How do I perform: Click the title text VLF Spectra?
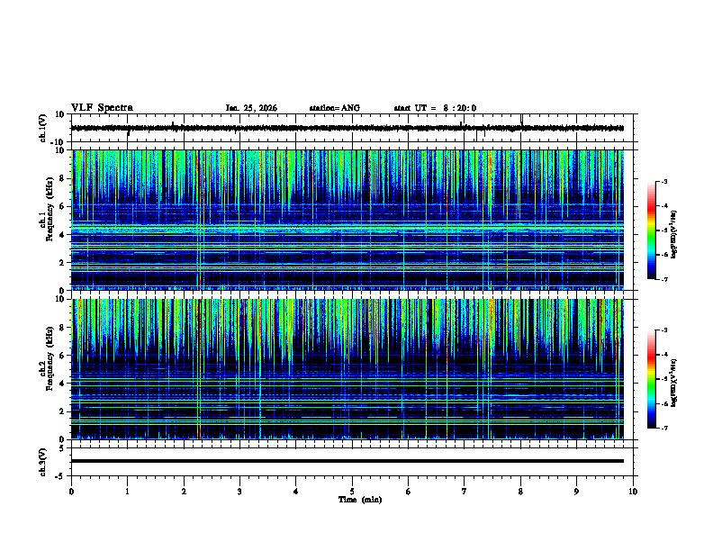click(102, 107)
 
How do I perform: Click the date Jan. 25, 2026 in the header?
click(251, 108)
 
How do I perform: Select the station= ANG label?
click(334, 108)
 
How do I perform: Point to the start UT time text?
click(435, 108)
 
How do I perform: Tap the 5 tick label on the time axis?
click(352, 491)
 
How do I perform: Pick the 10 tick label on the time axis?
click(633, 491)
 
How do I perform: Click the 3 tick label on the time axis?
click(239, 491)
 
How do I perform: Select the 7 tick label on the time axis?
click(465, 491)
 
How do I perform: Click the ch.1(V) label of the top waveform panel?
click(43, 128)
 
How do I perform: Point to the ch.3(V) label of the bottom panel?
click(43, 460)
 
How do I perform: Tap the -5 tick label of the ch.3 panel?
click(59, 475)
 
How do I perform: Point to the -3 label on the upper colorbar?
click(664, 183)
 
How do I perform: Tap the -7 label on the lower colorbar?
click(664, 429)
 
